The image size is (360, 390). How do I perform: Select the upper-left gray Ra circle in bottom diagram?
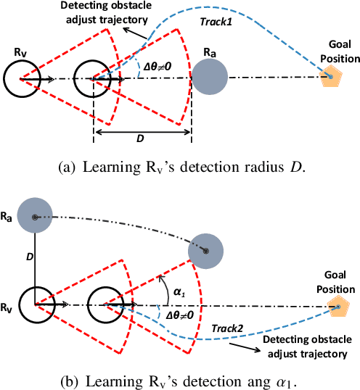click(x=34, y=216)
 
